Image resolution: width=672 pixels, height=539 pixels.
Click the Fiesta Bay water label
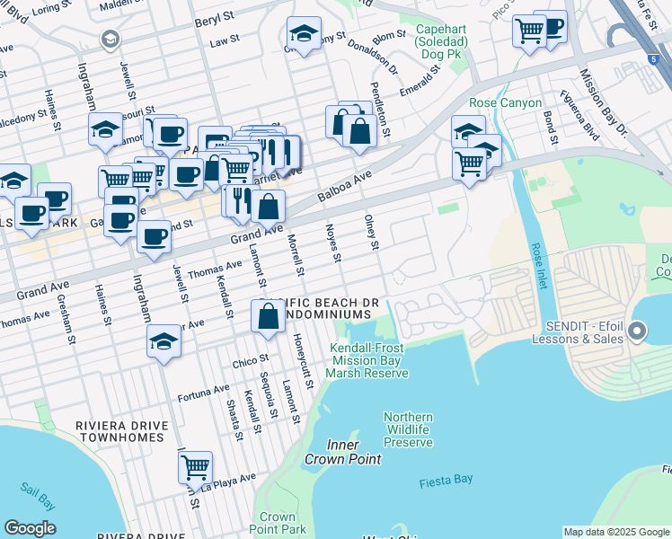(446, 482)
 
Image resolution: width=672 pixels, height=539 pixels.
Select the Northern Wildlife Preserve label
(408, 429)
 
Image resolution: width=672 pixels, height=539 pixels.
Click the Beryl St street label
(216, 16)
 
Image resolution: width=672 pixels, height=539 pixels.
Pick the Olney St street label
(371, 233)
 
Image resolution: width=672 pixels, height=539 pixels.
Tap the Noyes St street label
(332, 243)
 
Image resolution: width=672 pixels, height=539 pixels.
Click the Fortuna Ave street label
(204, 392)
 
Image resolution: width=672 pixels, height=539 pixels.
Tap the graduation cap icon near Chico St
(163, 341)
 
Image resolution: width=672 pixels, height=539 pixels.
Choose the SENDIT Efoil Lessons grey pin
(638, 332)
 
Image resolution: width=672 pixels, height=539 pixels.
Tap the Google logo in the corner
(30, 528)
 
